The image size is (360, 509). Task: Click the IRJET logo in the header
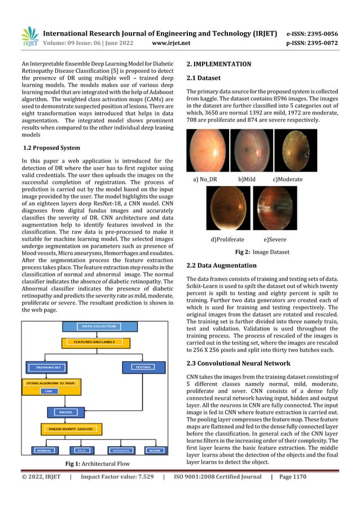pos(29,36)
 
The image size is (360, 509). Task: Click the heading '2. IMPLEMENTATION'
pos(219,64)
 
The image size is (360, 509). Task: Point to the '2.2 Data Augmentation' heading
pos(221,265)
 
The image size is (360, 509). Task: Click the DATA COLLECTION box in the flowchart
pos(99,326)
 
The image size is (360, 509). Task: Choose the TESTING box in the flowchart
pos(143,367)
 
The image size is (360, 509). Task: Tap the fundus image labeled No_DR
pos(208,150)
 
